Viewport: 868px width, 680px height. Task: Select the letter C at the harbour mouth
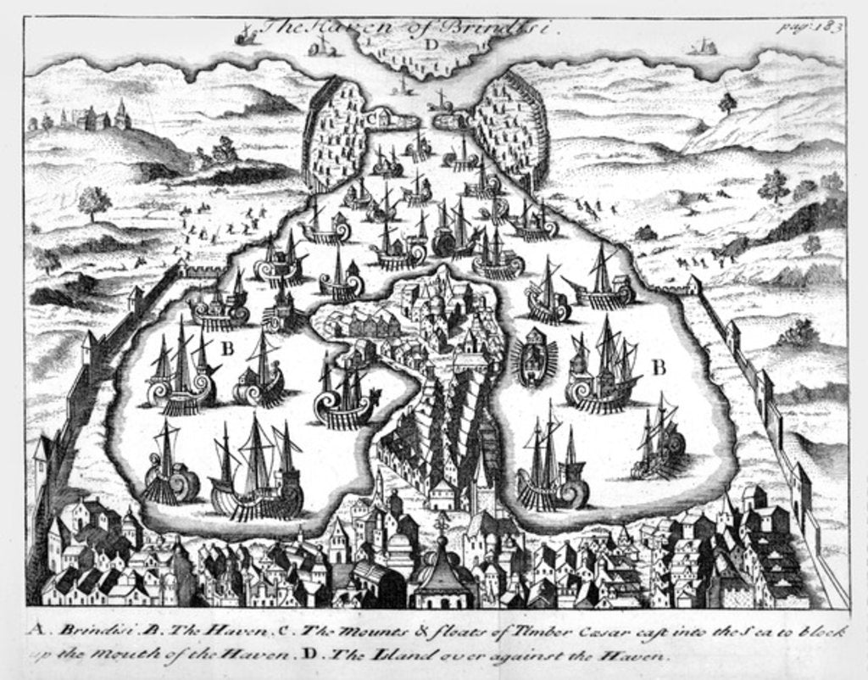tap(373, 118)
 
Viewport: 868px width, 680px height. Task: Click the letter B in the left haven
tap(226, 348)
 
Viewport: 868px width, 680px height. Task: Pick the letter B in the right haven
tap(658, 366)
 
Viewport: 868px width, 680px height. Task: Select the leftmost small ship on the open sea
tap(247, 36)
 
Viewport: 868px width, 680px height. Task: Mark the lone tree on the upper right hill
tap(726, 103)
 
